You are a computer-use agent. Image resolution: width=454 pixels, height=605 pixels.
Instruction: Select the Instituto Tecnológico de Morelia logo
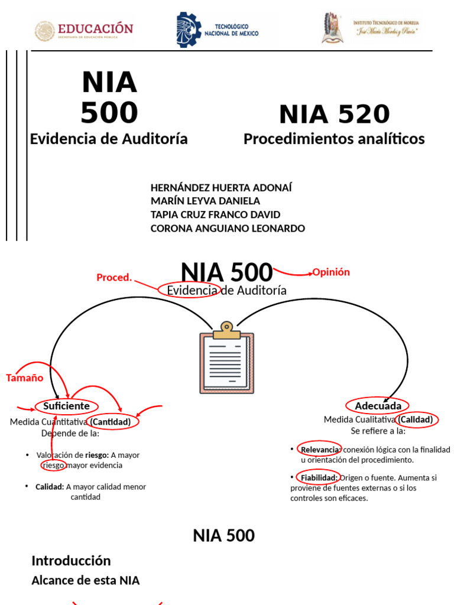(371, 28)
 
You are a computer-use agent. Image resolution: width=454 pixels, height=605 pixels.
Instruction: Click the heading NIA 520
(334, 114)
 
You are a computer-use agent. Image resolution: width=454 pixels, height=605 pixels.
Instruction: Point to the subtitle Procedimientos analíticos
(334, 139)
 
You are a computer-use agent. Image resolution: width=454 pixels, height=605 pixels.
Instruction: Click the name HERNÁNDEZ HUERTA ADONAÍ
(221, 188)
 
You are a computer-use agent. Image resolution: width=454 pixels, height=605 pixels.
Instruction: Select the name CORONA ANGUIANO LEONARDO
(228, 228)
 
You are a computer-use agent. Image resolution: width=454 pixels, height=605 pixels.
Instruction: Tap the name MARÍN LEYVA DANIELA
(205, 201)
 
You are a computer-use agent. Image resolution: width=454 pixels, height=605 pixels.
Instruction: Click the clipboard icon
(227, 358)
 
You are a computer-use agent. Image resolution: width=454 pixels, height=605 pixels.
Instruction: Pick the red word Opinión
(331, 272)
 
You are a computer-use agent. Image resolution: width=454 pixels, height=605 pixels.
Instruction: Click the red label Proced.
(114, 278)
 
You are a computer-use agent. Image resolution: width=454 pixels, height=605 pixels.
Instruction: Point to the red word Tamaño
(25, 378)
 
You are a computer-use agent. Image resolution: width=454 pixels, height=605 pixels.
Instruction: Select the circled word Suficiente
(66, 406)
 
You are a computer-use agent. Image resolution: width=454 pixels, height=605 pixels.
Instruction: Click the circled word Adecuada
(378, 406)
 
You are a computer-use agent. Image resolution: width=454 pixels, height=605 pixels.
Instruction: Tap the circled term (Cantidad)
(114, 422)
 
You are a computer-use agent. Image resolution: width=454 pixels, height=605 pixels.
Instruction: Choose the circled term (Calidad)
(417, 419)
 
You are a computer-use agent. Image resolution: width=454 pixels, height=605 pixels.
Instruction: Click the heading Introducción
(71, 561)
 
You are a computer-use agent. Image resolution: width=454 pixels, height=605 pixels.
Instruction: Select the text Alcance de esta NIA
(86, 580)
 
